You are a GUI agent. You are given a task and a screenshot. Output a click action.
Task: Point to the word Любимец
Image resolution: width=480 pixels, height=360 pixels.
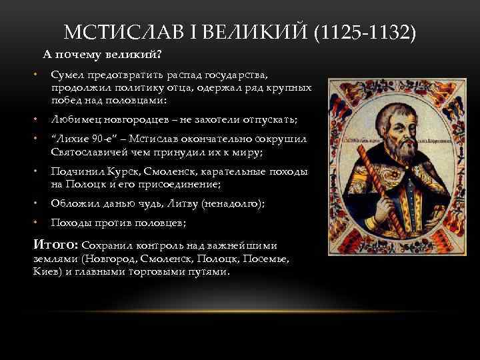pyautogui.click(x=73, y=119)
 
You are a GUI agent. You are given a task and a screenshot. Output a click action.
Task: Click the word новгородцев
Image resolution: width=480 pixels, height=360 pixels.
pyautogui.click(x=131, y=119)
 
